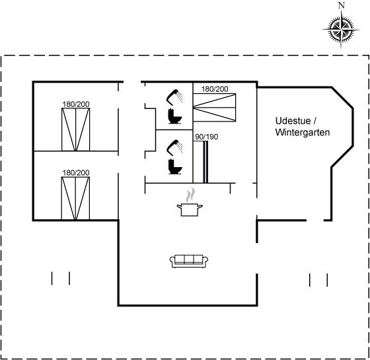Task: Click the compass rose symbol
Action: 341,30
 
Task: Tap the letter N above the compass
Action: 342,5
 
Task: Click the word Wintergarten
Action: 303,132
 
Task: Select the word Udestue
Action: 293,121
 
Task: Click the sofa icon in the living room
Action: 189,261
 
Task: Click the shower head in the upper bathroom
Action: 174,96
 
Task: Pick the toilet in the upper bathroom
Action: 174,116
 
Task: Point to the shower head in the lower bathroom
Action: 174,147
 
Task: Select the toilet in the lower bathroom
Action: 175,166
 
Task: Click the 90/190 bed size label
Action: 206,137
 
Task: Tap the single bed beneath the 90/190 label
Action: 201,162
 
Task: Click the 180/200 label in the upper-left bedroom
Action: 76,104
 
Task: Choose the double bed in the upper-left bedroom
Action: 76,129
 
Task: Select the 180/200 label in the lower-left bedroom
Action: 76,172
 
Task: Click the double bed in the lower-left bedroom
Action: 75,198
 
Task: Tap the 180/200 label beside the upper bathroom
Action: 215,89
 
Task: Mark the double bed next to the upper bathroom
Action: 215,108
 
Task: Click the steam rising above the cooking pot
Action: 190,195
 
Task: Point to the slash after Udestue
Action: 314,121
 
